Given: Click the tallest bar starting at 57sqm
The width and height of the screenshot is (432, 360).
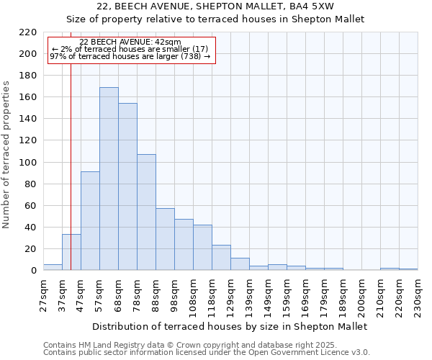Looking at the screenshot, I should tap(109, 179).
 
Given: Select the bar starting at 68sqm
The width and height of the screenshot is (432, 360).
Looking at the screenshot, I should tap(127, 186).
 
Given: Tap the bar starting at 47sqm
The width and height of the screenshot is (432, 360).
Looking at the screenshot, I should tap(90, 221).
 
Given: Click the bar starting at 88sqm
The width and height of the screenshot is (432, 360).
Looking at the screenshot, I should tap(165, 239).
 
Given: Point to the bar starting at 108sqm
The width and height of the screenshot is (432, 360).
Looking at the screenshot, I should tap(202, 248).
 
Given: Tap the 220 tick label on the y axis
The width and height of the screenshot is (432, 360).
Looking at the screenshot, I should tap(28, 32).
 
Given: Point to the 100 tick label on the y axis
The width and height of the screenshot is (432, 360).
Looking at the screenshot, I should tap(28, 162).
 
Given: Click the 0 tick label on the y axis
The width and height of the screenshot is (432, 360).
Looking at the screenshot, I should tap(33, 271).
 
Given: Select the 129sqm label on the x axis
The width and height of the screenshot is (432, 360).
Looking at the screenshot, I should tap(230, 294).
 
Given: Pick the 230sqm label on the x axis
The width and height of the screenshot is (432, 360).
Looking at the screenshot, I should tap(418, 294).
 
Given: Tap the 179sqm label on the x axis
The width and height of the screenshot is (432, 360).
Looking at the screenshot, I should tap(324, 294).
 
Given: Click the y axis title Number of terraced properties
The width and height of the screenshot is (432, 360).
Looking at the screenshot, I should tap(6, 155).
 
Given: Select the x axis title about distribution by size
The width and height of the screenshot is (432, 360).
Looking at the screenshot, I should tap(230, 326).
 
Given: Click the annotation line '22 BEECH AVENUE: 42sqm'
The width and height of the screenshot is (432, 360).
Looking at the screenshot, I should tap(130, 42).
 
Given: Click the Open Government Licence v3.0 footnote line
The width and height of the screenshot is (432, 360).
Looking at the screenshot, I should tap(207, 352).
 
